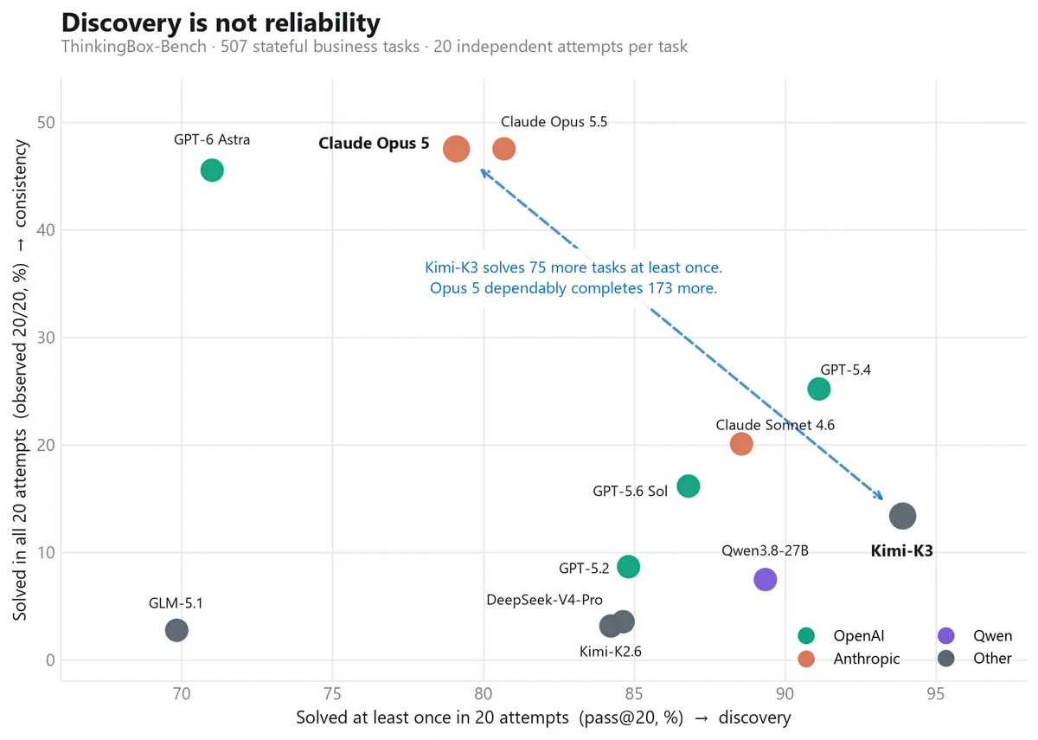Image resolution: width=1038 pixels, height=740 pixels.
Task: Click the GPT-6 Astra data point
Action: pyautogui.click(x=212, y=171)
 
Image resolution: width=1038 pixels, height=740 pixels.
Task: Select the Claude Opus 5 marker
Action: pyautogui.click(x=456, y=149)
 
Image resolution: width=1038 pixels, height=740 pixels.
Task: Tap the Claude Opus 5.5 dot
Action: pyautogui.click(x=503, y=149)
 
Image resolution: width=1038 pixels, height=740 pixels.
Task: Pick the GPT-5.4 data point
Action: pyautogui.click(x=818, y=389)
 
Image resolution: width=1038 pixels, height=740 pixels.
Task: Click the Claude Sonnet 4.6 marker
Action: pyautogui.click(x=741, y=444)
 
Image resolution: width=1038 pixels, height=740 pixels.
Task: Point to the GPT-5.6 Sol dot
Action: pyautogui.click(x=689, y=486)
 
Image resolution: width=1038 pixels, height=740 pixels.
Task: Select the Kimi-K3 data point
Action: pyautogui.click(x=902, y=516)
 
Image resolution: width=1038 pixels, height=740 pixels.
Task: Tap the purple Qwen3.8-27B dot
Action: pyautogui.click(x=765, y=579)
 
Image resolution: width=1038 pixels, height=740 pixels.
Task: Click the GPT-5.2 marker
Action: pyautogui.click(x=628, y=566)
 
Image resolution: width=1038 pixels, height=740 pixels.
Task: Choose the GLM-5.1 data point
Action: pyautogui.click(x=176, y=630)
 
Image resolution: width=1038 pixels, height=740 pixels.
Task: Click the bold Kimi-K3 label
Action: pyautogui.click(x=901, y=550)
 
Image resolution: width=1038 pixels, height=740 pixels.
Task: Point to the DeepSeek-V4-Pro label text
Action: pyautogui.click(x=544, y=600)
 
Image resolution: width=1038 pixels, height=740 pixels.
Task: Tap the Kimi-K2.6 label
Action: pyautogui.click(x=611, y=652)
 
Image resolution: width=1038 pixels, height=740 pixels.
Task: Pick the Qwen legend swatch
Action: pyautogui.click(x=945, y=635)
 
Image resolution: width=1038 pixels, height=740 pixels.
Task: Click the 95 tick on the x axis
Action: pyautogui.click(x=935, y=693)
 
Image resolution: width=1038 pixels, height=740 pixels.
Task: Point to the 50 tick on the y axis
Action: pyautogui.click(x=46, y=122)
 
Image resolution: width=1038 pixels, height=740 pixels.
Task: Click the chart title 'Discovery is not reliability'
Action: pyautogui.click(x=221, y=23)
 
